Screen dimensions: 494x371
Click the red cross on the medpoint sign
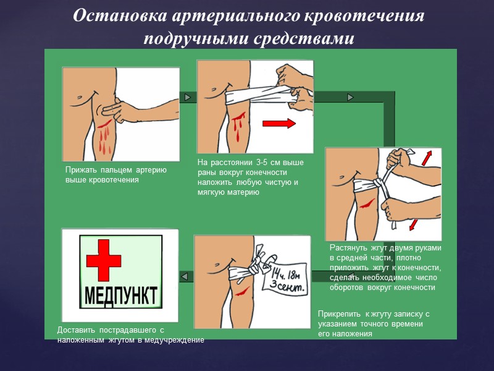point(104,260)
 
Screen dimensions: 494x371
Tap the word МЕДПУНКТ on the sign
point(121,296)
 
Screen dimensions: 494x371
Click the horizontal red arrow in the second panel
point(279,123)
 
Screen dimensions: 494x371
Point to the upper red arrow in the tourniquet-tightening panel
point(426,158)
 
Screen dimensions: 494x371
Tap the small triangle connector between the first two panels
point(188,97)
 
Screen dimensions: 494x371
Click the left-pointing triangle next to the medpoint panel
point(185,276)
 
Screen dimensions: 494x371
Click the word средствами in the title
point(304,38)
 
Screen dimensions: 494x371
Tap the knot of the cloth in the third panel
point(377,184)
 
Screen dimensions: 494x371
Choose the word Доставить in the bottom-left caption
point(76,330)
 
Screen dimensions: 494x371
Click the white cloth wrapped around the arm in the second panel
point(259,95)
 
